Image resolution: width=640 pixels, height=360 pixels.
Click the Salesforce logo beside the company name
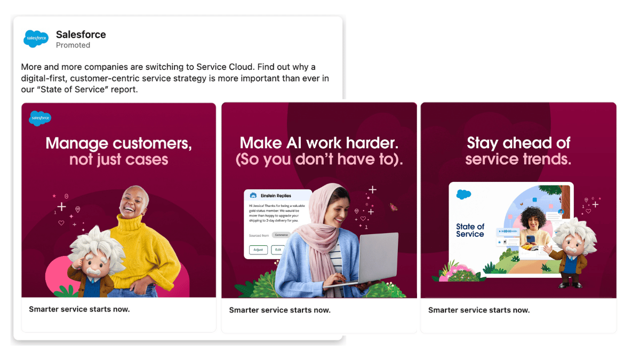36,38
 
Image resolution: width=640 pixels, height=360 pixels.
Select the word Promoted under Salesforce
73,45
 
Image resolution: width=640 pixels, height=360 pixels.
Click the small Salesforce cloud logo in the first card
40,118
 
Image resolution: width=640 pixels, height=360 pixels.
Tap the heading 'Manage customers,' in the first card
118,143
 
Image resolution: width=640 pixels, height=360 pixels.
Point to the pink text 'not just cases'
118,159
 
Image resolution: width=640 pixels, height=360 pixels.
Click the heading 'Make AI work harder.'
319,143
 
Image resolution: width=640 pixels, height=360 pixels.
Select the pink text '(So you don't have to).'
319,159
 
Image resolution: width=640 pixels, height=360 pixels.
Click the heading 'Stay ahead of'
518,143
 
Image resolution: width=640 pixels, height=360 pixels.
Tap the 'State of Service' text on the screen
470,230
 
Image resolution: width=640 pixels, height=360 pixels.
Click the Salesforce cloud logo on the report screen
463,195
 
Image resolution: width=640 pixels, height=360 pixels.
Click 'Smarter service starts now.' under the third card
479,310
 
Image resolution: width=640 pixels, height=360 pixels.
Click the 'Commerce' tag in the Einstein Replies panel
281,235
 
